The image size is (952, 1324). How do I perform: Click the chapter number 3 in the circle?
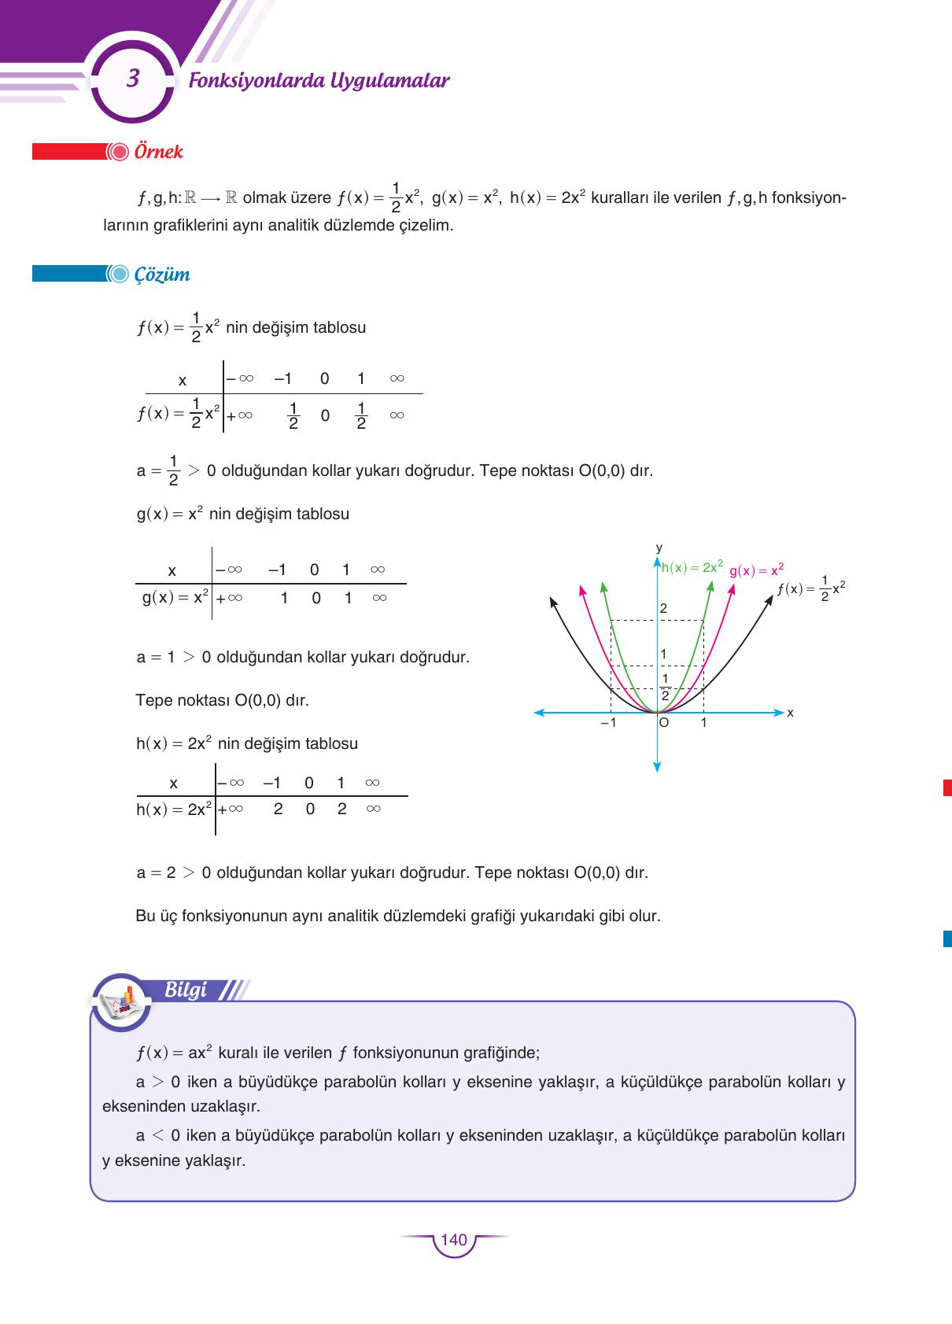click(133, 79)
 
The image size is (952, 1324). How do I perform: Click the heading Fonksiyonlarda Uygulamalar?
click(319, 80)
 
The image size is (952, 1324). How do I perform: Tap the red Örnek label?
click(158, 151)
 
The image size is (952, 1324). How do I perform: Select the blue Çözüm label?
click(162, 275)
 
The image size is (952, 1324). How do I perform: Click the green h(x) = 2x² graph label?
click(692, 567)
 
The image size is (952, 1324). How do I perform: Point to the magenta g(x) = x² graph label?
click(756, 570)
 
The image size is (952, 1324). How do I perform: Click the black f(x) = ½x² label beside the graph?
click(810, 588)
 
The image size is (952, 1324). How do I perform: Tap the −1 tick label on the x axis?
click(608, 722)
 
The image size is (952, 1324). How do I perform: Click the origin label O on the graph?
click(664, 722)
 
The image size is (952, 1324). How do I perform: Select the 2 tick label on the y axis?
click(663, 608)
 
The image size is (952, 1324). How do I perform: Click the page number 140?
click(454, 1240)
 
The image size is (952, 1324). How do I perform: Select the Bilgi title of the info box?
click(186, 990)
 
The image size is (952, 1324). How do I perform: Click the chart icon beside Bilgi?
click(121, 1002)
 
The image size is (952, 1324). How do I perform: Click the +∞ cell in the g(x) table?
click(230, 598)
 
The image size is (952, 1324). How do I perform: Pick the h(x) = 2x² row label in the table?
click(173, 809)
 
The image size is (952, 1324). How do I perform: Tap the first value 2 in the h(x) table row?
click(278, 809)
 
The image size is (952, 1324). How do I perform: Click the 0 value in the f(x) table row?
click(325, 415)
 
